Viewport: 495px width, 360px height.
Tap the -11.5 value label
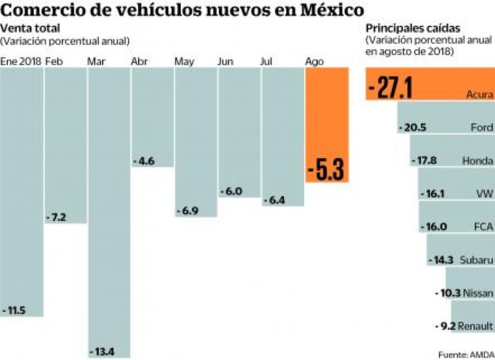point(15,310)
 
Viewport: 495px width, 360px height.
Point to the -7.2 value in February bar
point(58,218)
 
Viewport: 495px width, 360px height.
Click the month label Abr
point(139,61)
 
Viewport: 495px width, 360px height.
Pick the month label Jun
point(225,61)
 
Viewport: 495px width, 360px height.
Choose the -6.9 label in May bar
point(188,211)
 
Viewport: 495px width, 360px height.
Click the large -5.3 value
point(327,170)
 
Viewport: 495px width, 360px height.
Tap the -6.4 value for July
point(275,200)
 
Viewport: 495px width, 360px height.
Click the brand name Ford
point(482,127)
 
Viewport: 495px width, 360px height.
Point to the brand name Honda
point(478,160)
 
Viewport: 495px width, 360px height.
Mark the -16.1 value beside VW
point(434,193)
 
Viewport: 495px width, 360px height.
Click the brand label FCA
point(483,226)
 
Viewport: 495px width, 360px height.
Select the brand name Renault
point(475,326)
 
